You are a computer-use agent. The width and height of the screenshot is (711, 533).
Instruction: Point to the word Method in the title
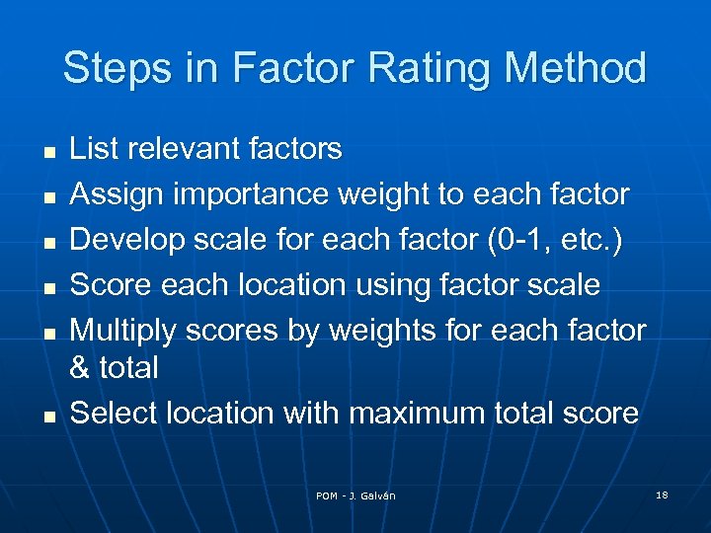(575, 69)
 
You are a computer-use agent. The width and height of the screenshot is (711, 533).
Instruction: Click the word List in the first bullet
(93, 149)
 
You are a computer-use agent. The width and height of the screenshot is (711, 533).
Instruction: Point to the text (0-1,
(512, 240)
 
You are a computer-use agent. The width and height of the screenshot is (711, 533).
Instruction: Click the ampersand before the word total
(80, 368)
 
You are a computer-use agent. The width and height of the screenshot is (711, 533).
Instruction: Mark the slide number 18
(662, 495)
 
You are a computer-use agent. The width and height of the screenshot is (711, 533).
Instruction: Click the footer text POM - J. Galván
(355, 495)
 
